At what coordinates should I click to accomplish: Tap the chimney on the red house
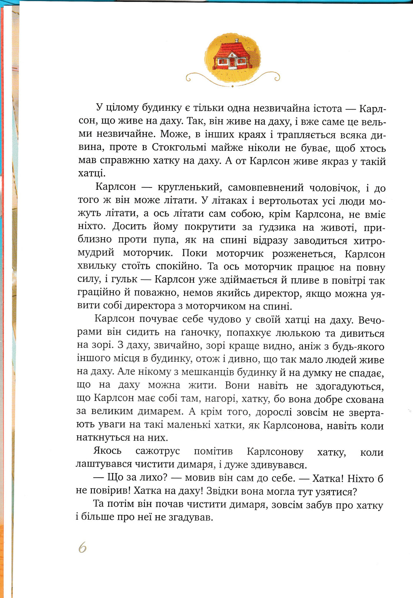click(x=236, y=41)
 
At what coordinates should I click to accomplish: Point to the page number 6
click(x=82, y=548)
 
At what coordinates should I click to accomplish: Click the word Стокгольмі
click(x=179, y=148)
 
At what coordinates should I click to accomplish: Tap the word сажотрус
click(x=158, y=451)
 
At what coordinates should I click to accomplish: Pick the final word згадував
click(x=190, y=518)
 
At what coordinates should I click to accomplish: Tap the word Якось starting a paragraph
click(x=107, y=451)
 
